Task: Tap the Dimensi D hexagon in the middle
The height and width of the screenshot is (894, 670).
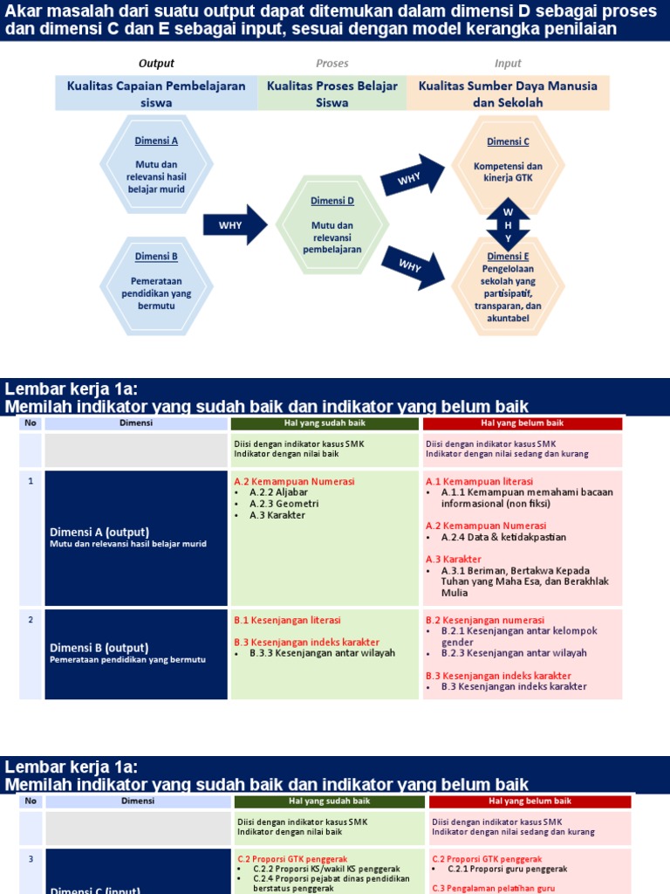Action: (332, 225)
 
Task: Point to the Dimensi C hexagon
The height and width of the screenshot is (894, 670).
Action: (508, 164)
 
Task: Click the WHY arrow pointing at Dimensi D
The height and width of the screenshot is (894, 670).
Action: (235, 225)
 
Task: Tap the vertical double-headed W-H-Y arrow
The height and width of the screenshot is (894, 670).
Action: (509, 225)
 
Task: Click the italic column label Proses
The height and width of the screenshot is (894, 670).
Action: (332, 64)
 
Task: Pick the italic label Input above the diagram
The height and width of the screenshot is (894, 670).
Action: (508, 64)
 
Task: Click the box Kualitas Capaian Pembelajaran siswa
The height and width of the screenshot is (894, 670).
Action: (156, 93)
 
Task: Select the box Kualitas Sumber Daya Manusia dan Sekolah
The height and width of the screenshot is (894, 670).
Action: (508, 93)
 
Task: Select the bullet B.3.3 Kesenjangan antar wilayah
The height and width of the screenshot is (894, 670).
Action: (321, 652)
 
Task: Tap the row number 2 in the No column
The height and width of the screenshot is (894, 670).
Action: (31, 620)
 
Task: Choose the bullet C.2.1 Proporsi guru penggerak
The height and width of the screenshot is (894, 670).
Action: (507, 869)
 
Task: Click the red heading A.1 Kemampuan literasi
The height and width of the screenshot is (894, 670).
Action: (479, 481)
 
